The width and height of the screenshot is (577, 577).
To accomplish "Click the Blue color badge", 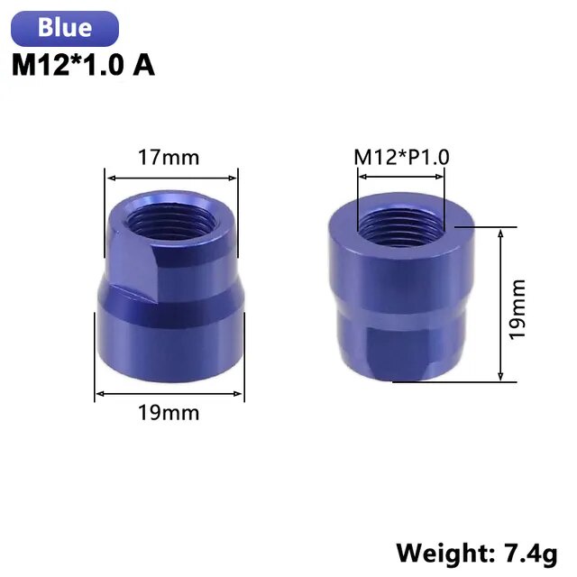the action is click(65, 28).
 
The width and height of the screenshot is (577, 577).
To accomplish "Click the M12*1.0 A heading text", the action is click(83, 66).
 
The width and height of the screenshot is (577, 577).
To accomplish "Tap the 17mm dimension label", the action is click(169, 157).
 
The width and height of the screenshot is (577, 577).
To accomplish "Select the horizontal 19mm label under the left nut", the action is click(169, 413).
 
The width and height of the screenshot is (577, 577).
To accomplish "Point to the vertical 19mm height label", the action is click(517, 309).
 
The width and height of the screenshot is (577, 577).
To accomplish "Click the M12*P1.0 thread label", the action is click(401, 157).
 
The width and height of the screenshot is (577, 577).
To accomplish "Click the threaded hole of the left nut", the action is click(171, 221).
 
